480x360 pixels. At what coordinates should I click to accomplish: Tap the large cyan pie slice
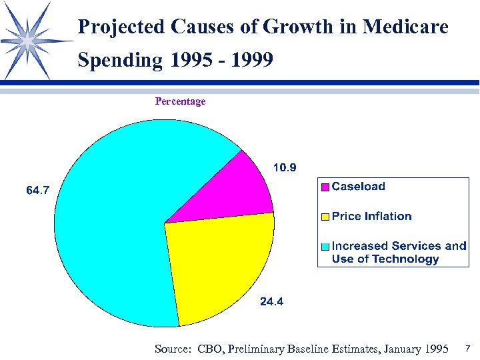click(x=113, y=220)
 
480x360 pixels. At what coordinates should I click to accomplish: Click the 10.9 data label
click(x=285, y=167)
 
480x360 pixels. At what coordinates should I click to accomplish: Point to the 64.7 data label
click(x=37, y=191)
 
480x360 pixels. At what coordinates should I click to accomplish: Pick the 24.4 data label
click(x=271, y=301)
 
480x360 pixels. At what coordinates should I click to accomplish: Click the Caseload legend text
click(x=358, y=187)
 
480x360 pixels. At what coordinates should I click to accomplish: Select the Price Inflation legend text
click(x=371, y=216)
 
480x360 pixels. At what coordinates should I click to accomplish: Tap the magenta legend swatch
click(x=325, y=187)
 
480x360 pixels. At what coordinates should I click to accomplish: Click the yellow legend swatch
click(x=325, y=217)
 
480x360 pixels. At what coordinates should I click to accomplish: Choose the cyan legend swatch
click(x=325, y=246)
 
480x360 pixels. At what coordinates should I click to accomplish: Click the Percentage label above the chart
click(x=180, y=101)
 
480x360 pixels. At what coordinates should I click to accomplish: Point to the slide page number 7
click(x=468, y=348)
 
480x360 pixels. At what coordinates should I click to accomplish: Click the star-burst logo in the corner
click(x=28, y=40)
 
